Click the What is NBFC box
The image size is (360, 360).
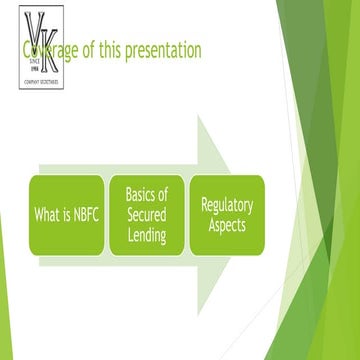[65, 213]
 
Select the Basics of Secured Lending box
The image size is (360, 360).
[146, 213]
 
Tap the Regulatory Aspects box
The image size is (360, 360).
[227, 213]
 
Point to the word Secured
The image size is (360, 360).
[146, 213]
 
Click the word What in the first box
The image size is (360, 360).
[47, 213]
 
